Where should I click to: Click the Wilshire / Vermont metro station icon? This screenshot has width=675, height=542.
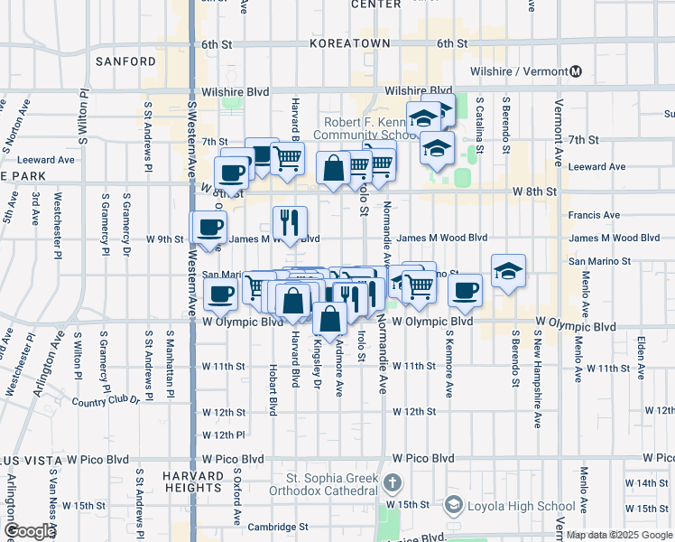click(576, 71)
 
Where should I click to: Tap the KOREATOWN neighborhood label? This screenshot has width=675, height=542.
click(350, 43)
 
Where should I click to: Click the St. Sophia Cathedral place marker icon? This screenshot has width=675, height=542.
click(390, 483)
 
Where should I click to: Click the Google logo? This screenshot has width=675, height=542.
click(30, 531)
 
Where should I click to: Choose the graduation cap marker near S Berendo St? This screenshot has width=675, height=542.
click(508, 270)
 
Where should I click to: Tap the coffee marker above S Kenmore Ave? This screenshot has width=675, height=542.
click(465, 290)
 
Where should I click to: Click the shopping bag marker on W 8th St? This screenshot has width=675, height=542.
click(333, 168)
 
